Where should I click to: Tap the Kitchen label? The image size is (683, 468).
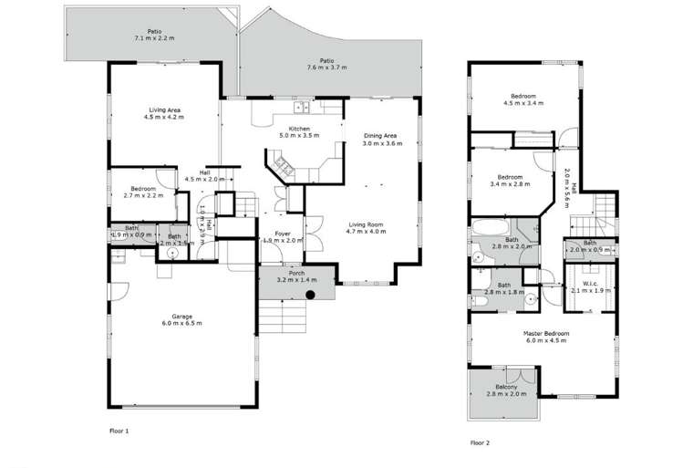click(301, 129)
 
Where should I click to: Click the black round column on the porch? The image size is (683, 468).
click(311, 294)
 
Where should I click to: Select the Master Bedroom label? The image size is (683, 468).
click(546, 333)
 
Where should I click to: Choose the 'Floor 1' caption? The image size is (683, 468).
click(119, 429)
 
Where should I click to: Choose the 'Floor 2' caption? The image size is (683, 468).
click(480, 442)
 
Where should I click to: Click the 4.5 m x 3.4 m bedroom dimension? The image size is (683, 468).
click(523, 103)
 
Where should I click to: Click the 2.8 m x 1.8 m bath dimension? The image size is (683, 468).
click(504, 292)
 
